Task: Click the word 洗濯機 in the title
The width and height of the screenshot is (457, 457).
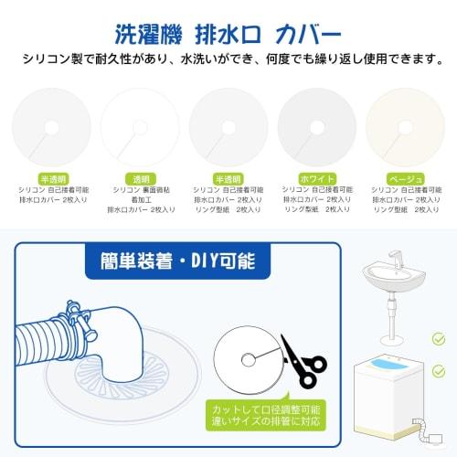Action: (147, 34)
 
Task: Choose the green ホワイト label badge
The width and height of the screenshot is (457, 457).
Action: (316, 178)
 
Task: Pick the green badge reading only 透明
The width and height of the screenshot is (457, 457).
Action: (140, 178)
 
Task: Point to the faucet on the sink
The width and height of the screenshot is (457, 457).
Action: (394, 257)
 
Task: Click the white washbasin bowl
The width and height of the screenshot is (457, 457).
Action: (394, 275)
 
